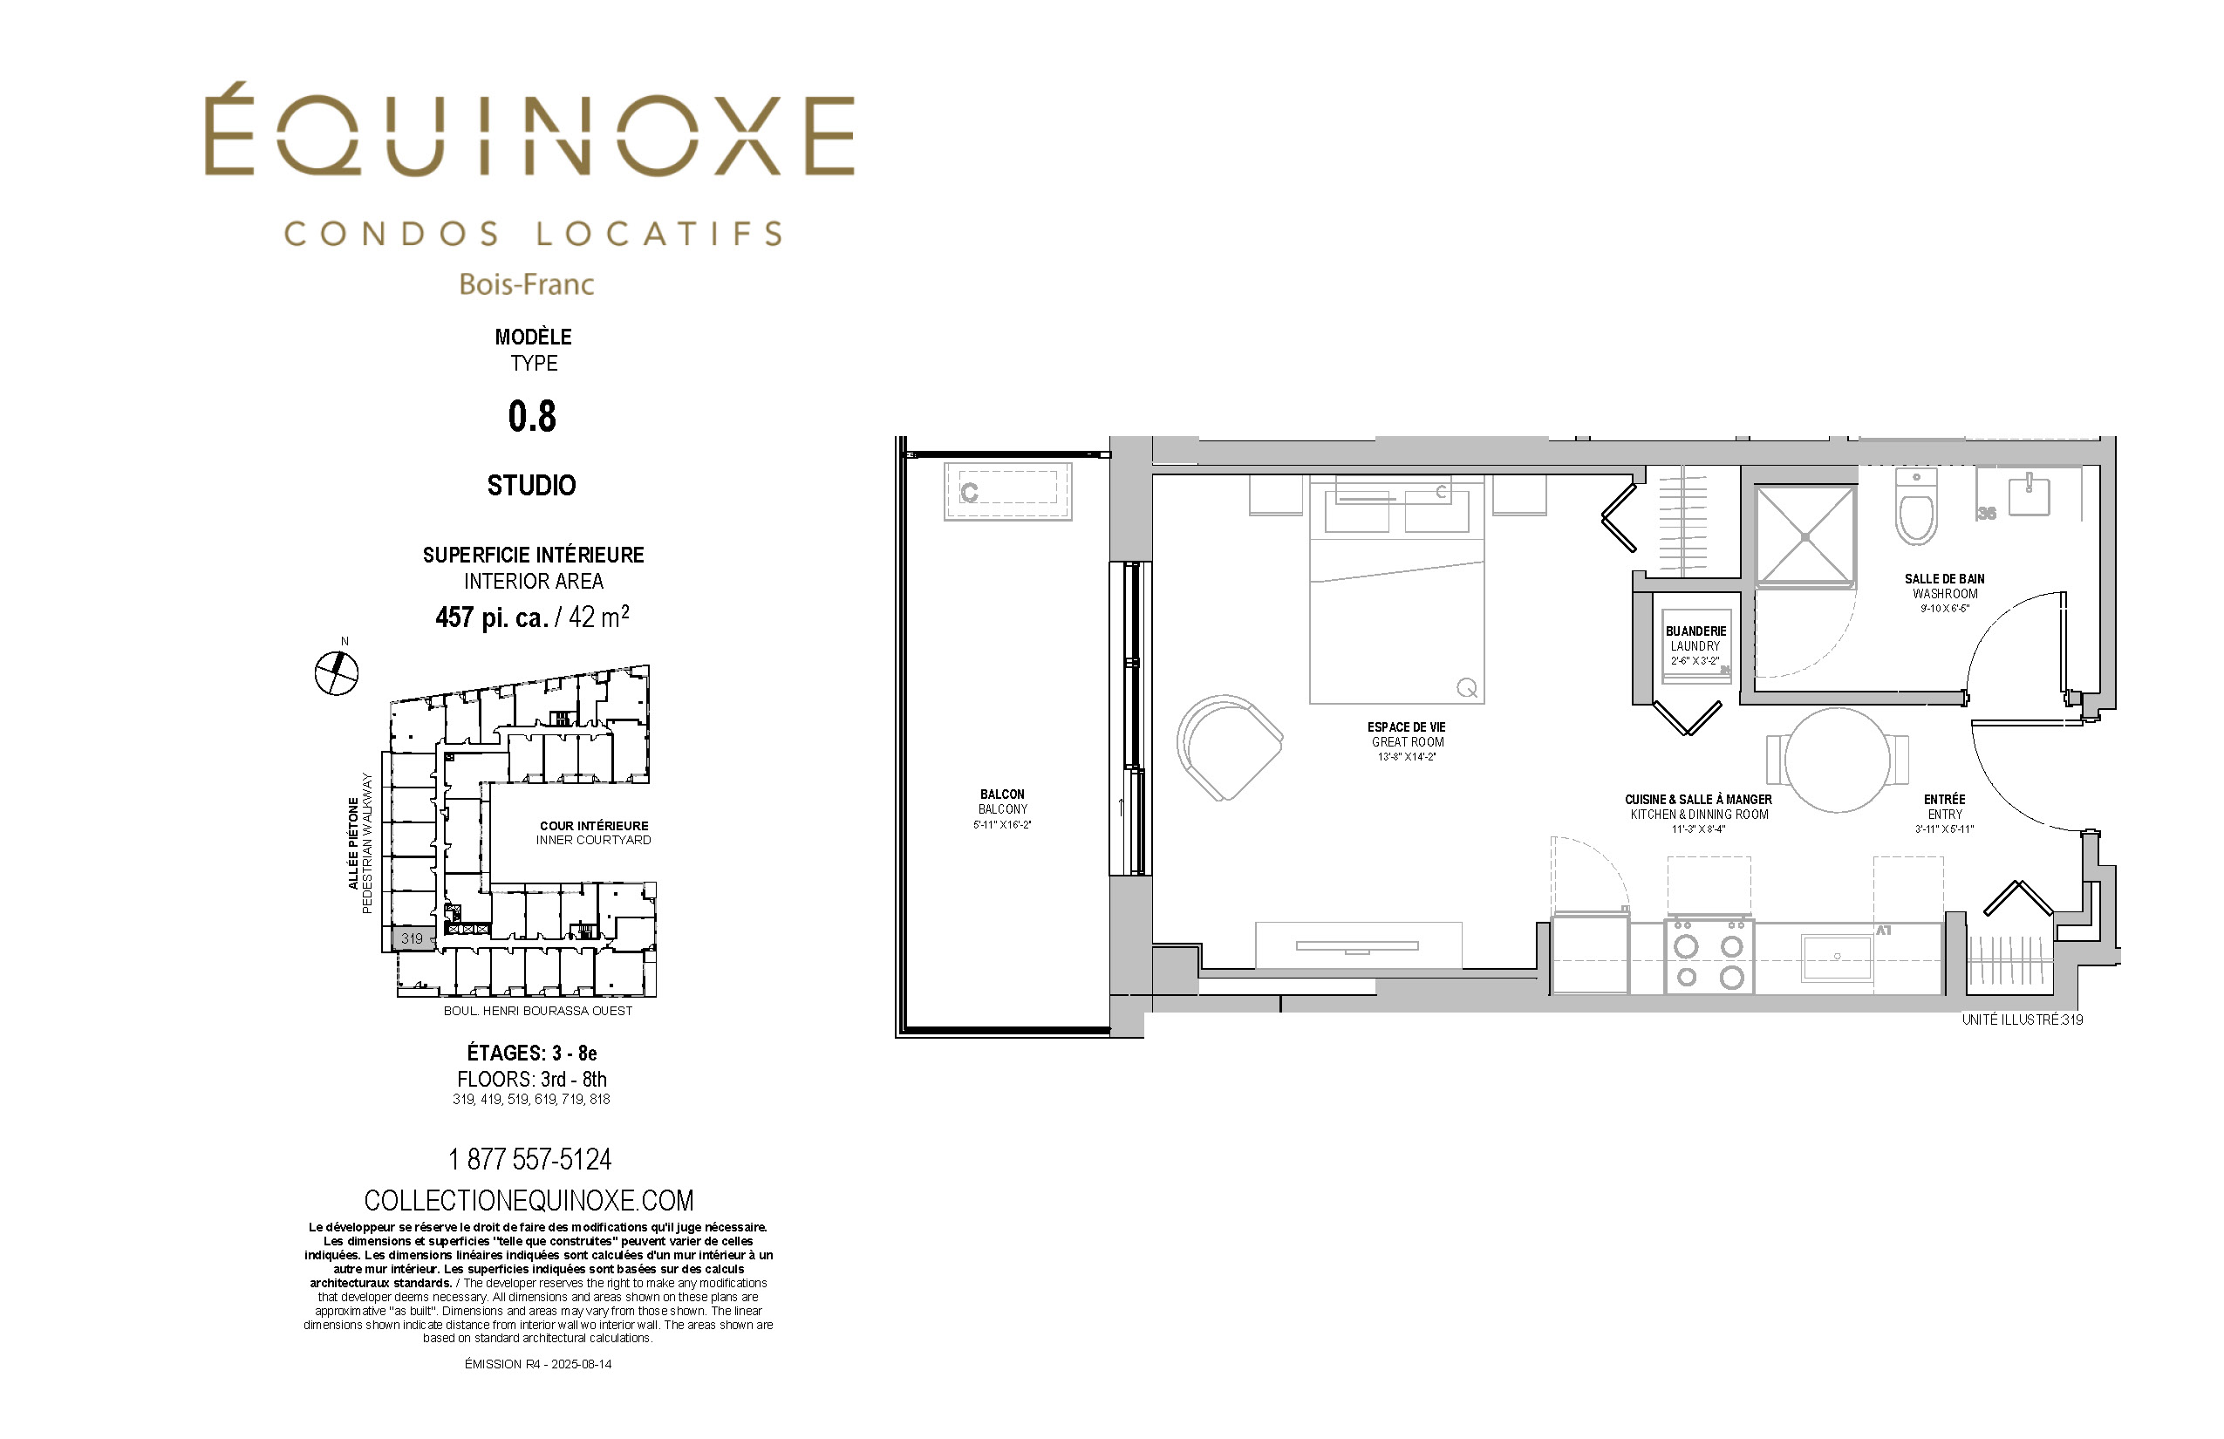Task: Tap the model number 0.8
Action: pos(532,417)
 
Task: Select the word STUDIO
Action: pos(532,486)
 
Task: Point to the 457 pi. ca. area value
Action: pos(492,617)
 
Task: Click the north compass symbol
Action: pos(337,672)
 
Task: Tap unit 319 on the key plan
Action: pos(412,938)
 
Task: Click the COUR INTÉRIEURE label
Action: pos(594,826)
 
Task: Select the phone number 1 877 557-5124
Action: pos(530,1160)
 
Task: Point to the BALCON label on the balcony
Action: pos(1003,795)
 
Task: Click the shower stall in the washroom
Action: pos(1805,536)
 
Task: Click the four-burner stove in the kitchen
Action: pos(1709,956)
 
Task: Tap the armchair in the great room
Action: pos(1228,747)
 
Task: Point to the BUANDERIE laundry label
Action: pos(1696,631)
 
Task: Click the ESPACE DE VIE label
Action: pos(1406,727)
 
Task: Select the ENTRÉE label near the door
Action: pos(1945,799)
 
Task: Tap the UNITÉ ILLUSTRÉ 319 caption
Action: pos(2023,1020)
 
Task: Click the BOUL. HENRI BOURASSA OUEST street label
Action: pos(538,1011)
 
